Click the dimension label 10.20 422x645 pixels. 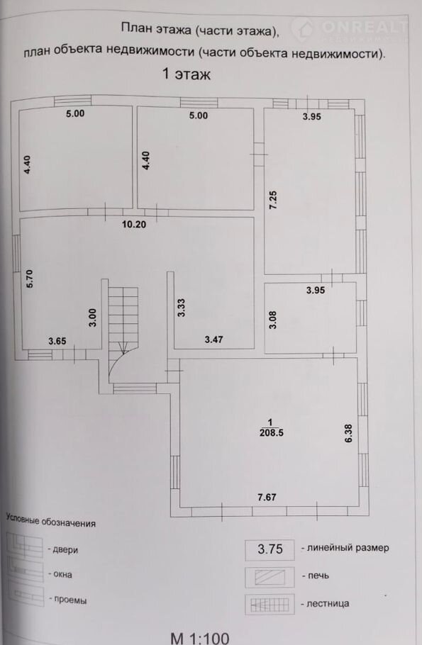click(134, 225)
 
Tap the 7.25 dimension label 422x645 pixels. click(273, 200)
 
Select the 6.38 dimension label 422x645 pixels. click(348, 433)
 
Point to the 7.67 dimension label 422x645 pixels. click(267, 498)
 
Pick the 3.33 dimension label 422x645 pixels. click(182, 308)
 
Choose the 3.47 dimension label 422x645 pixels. click(213, 340)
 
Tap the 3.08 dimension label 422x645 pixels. click(272, 320)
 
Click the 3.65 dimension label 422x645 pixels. click(57, 341)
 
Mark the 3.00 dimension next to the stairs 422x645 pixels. click(93, 318)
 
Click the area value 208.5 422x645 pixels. click(272, 433)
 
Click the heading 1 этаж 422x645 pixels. click(187, 74)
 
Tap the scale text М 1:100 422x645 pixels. click(200, 639)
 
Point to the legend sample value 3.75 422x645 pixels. click(270, 549)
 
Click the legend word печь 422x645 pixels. click(318, 576)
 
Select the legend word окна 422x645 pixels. click(62, 574)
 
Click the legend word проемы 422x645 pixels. click(70, 600)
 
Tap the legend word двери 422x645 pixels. click(65, 550)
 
